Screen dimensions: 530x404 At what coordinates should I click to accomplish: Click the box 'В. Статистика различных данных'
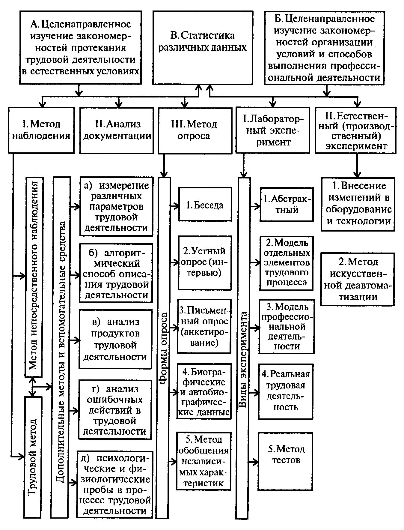(203, 48)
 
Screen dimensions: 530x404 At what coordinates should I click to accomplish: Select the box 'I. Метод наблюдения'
(41, 130)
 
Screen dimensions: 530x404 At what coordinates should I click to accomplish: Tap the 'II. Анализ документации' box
(117, 130)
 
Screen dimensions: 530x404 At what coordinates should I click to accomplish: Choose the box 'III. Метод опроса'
(195, 130)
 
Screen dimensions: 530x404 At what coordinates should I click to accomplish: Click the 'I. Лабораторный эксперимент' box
(272, 130)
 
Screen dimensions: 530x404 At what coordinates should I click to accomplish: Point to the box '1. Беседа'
(205, 205)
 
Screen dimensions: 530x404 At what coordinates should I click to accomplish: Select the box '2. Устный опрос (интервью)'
(205, 263)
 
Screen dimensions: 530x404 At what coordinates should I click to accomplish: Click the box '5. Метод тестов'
(285, 461)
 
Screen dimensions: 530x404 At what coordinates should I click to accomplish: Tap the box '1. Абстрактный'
(287, 205)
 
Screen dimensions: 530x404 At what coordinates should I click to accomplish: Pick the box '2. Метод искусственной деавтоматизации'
(357, 279)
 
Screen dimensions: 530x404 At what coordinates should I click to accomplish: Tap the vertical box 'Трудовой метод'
(33, 456)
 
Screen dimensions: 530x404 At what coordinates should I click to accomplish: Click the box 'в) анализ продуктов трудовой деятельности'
(115, 339)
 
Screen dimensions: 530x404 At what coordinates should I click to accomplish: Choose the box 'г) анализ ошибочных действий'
(115, 409)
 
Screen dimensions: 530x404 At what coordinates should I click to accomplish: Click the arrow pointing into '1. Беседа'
(174, 206)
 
